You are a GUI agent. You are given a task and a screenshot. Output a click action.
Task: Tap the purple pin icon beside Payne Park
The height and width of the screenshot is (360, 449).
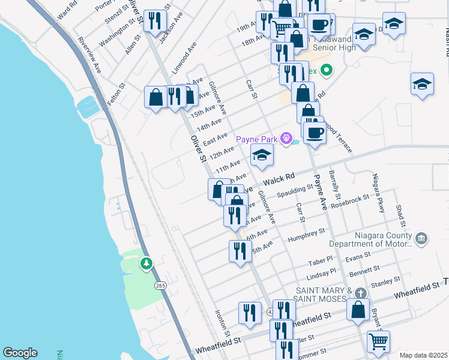click(x=287, y=139)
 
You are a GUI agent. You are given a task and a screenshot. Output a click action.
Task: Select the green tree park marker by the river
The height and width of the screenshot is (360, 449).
click(x=146, y=263)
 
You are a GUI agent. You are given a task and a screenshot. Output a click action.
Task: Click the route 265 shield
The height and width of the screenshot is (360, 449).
click(x=160, y=286)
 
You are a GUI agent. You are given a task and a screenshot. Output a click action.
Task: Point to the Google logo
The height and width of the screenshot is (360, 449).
click(x=20, y=353)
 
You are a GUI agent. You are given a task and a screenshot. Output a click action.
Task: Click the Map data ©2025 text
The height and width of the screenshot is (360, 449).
click(x=423, y=355)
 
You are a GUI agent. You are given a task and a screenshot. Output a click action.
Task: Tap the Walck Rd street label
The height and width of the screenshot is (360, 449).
click(x=280, y=178)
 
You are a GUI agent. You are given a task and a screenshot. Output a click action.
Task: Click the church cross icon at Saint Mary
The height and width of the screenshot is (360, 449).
click(x=360, y=293)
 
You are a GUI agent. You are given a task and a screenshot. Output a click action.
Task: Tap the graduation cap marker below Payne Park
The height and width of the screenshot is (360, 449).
click(x=262, y=156)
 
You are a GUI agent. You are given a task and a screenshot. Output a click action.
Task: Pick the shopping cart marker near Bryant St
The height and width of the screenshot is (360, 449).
click(x=378, y=341)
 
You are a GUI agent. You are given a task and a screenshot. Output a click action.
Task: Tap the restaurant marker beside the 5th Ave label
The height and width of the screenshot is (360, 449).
click(x=240, y=251)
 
